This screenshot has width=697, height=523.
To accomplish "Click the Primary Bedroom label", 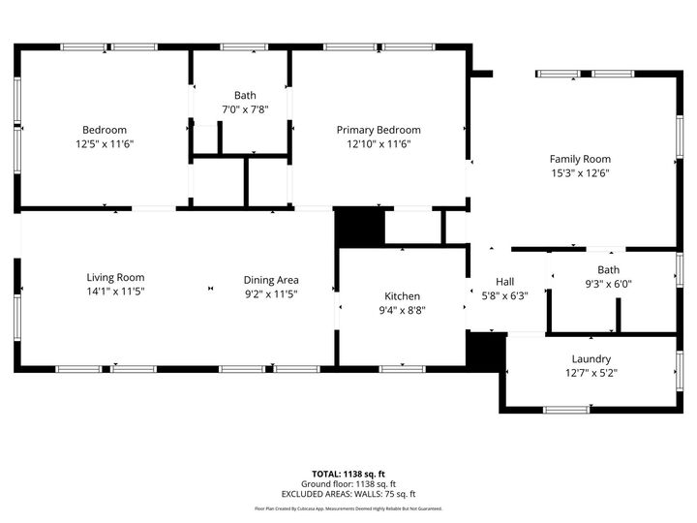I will tap(379, 130).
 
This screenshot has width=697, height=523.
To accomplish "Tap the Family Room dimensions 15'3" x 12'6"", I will tap(580, 173).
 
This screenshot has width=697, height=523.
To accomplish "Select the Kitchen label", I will tap(402, 296).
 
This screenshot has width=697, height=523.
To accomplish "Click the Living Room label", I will tap(115, 277).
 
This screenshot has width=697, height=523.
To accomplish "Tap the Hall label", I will tap(504, 282).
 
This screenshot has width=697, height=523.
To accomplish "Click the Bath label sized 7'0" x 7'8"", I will tap(245, 95).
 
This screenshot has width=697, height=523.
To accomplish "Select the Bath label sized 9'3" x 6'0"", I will tap(608, 270).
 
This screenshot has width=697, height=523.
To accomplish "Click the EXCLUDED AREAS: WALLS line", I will tap(348, 494).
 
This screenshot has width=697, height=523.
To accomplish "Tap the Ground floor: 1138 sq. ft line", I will tap(348, 484).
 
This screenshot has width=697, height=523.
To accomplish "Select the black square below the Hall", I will tap(485, 351).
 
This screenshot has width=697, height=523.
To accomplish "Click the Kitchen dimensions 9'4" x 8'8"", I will tap(402, 310).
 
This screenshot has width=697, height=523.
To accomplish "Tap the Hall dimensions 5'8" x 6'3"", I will tap(504, 296).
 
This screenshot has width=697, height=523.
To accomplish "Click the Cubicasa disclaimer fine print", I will tap(348, 508).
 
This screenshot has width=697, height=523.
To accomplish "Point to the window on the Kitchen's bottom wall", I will tap(402, 368).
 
